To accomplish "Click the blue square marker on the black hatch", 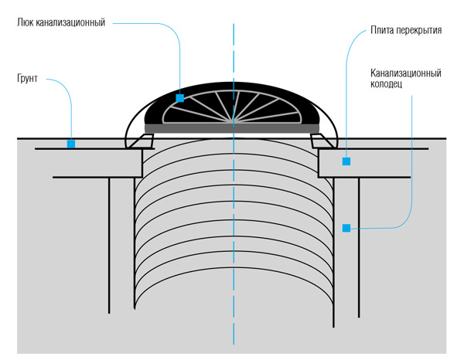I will pyautogui.click(x=179, y=98).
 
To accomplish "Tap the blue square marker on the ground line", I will pyautogui.click(x=70, y=143).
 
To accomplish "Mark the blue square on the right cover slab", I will pyautogui.click(x=346, y=161).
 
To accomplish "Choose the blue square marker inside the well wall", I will pyautogui.click(x=346, y=228).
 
